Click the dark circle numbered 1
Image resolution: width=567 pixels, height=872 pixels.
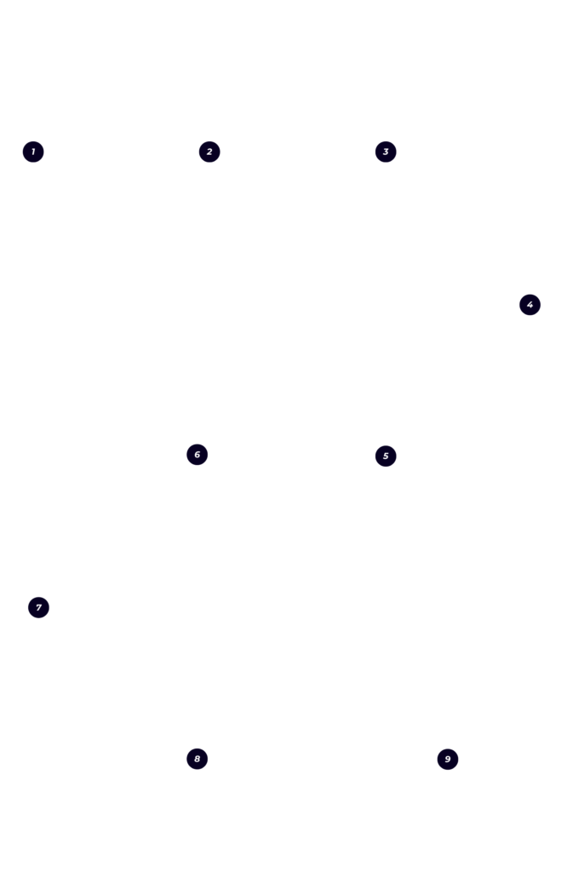(x=33, y=152)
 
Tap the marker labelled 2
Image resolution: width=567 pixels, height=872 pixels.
(x=209, y=152)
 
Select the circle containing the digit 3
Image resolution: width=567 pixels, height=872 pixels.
(x=386, y=152)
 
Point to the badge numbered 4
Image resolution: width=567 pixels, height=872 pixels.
(x=530, y=305)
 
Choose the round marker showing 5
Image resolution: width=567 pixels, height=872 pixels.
(x=386, y=456)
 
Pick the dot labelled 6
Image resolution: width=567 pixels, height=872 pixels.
(x=198, y=455)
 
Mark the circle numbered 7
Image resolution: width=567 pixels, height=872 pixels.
(x=39, y=608)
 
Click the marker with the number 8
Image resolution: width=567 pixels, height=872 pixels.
(x=198, y=759)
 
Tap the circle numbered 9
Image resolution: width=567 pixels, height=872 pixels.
(x=448, y=760)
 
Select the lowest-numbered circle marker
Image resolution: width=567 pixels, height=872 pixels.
(x=33, y=152)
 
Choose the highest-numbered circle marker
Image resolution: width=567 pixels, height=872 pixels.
(x=448, y=760)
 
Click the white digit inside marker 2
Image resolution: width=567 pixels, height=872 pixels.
(x=209, y=152)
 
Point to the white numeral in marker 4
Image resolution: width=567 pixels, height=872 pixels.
(x=530, y=305)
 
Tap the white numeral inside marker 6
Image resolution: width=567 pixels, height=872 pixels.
(x=198, y=455)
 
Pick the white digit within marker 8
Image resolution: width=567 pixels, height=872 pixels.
(x=198, y=759)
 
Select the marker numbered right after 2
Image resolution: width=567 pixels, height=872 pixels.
(x=386, y=152)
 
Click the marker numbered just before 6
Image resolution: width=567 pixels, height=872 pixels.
(x=386, y=456)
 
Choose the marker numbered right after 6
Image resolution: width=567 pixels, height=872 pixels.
(x=39, y=608)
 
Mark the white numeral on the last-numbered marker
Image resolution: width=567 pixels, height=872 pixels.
(x=448, y=760)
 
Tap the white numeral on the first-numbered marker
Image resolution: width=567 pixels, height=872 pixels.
(x=33, y=152)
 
